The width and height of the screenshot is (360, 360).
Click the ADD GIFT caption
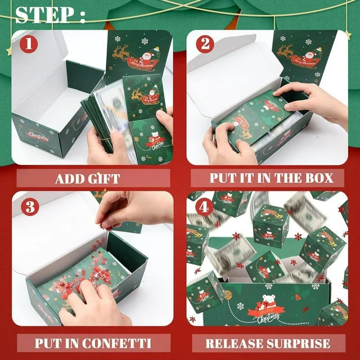click(x=87, y=179)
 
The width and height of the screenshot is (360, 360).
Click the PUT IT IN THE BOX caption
click(x=271, y=179)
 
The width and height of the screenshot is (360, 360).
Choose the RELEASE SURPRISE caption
click(x=268, y=343)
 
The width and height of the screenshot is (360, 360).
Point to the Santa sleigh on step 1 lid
click(x=135, y=56)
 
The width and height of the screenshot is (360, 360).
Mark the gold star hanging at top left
click(x=9, y=51)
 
